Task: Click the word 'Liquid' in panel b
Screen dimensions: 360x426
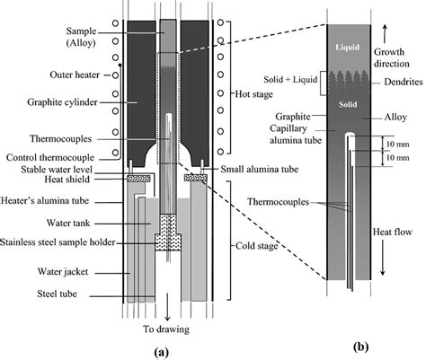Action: (x=349, y=46)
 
